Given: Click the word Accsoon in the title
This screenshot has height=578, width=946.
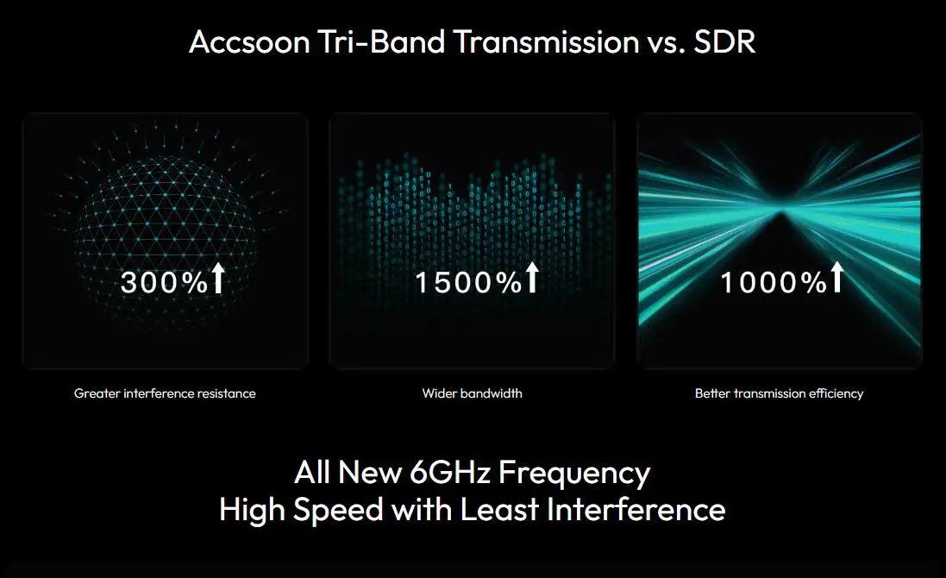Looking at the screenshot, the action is point(249,42).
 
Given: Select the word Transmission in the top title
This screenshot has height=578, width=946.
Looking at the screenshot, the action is point(546,42).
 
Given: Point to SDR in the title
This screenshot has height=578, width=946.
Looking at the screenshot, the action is point(724,42).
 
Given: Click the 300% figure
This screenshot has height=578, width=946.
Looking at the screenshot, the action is point(164,282).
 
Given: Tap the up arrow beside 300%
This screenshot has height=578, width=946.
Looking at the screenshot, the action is point(218,278).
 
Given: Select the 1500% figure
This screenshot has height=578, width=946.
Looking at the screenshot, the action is point(468,282).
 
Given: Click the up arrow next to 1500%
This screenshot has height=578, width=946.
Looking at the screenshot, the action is point(532,278).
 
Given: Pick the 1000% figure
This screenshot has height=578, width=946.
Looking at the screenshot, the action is point(774,282).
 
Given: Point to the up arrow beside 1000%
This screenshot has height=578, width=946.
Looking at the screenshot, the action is point(837,278).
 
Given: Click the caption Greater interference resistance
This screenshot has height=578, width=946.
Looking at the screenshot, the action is point(165,393).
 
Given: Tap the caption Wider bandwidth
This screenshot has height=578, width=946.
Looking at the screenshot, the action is point(473,393).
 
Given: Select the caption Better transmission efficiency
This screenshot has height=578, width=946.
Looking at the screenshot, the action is point(779,393).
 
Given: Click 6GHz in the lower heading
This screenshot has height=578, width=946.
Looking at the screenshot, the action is point(450,473).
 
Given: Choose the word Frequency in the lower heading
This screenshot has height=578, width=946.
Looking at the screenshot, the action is point(574,474).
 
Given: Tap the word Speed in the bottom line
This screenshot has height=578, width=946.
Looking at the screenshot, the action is point(338,511).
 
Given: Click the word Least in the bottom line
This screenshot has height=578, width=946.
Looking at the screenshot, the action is point(499,510).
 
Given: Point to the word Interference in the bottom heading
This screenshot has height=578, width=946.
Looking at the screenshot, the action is point(636,510).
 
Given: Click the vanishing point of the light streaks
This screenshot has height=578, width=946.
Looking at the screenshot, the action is point(780,212).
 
